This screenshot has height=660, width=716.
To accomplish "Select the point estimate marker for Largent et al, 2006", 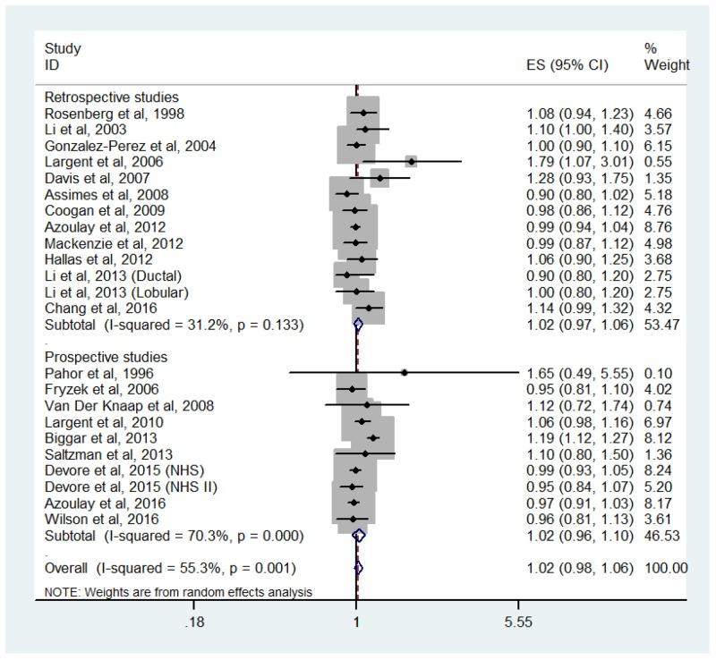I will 411,161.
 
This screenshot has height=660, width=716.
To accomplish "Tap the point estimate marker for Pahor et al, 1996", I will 405,373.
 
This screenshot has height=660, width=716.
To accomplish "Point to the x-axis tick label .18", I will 192,622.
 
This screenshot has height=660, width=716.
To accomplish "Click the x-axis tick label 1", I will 356,622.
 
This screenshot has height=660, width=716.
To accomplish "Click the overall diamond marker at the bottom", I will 358,568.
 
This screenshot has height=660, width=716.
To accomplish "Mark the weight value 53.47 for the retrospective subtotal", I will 661,324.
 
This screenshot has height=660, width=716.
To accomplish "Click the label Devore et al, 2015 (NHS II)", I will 118,486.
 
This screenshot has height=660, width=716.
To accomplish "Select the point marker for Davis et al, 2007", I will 379,177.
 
